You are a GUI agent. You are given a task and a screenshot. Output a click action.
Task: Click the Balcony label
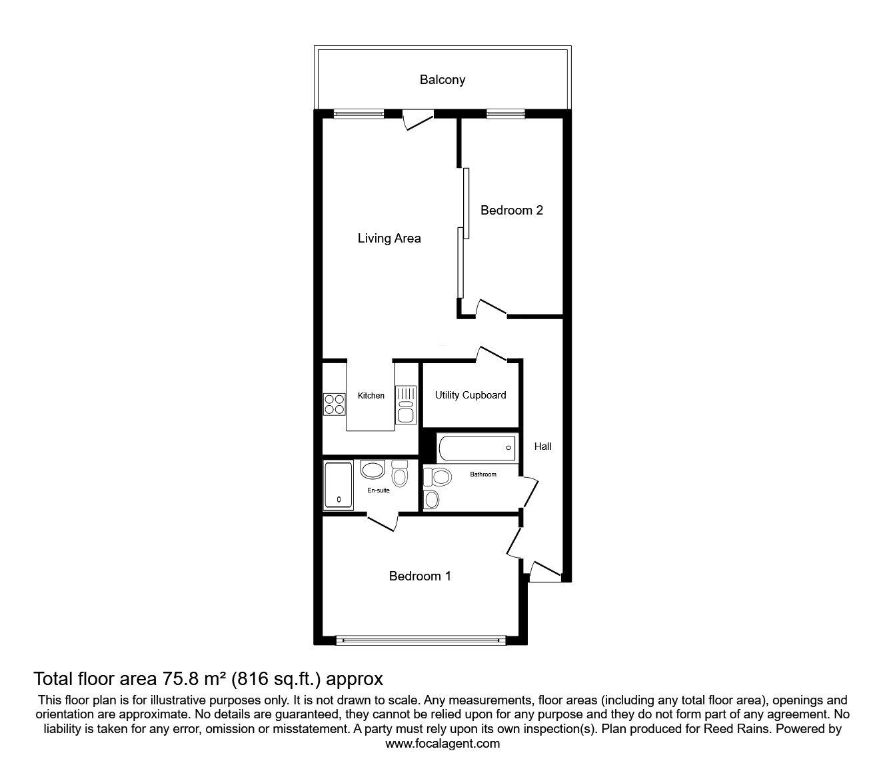tap(442, 80)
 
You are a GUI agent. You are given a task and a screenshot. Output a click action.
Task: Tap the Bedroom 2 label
tap(512, 211)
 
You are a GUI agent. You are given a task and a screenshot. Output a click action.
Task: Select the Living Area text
tap(389, 239)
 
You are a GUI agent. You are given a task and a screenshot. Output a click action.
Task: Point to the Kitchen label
tap(371, 396)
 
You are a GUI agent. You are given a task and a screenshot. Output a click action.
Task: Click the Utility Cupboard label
tap(470, 395)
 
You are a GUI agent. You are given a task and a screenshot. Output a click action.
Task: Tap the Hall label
tap(542, 446)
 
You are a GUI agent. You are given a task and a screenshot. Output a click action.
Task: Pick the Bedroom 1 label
tap(420, 576)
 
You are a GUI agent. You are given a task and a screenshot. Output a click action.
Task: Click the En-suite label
tap(379, 490)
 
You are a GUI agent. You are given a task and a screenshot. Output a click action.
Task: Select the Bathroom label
tap(483, 474)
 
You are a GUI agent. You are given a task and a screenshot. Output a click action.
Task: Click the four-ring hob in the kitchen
tap(335, 404)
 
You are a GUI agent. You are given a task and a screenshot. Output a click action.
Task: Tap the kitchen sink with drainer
tap(406, 405)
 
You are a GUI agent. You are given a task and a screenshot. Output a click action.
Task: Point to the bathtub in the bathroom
tap(477, 448)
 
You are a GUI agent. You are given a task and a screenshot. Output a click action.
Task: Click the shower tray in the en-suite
tap(339, 485)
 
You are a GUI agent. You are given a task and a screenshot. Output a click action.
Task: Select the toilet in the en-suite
tap(400, 473)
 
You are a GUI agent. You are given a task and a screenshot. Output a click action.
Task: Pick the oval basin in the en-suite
tap(373, 469)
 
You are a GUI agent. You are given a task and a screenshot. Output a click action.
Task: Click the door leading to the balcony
tap(419, 119)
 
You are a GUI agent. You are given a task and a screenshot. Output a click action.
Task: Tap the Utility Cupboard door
tap(492, 354)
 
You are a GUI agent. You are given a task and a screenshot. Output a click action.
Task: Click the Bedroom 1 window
tap(421, 640)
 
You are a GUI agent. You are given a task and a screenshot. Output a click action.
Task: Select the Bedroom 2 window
tap(506, 114)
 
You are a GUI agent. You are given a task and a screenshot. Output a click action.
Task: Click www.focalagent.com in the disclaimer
tap(442, 744)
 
